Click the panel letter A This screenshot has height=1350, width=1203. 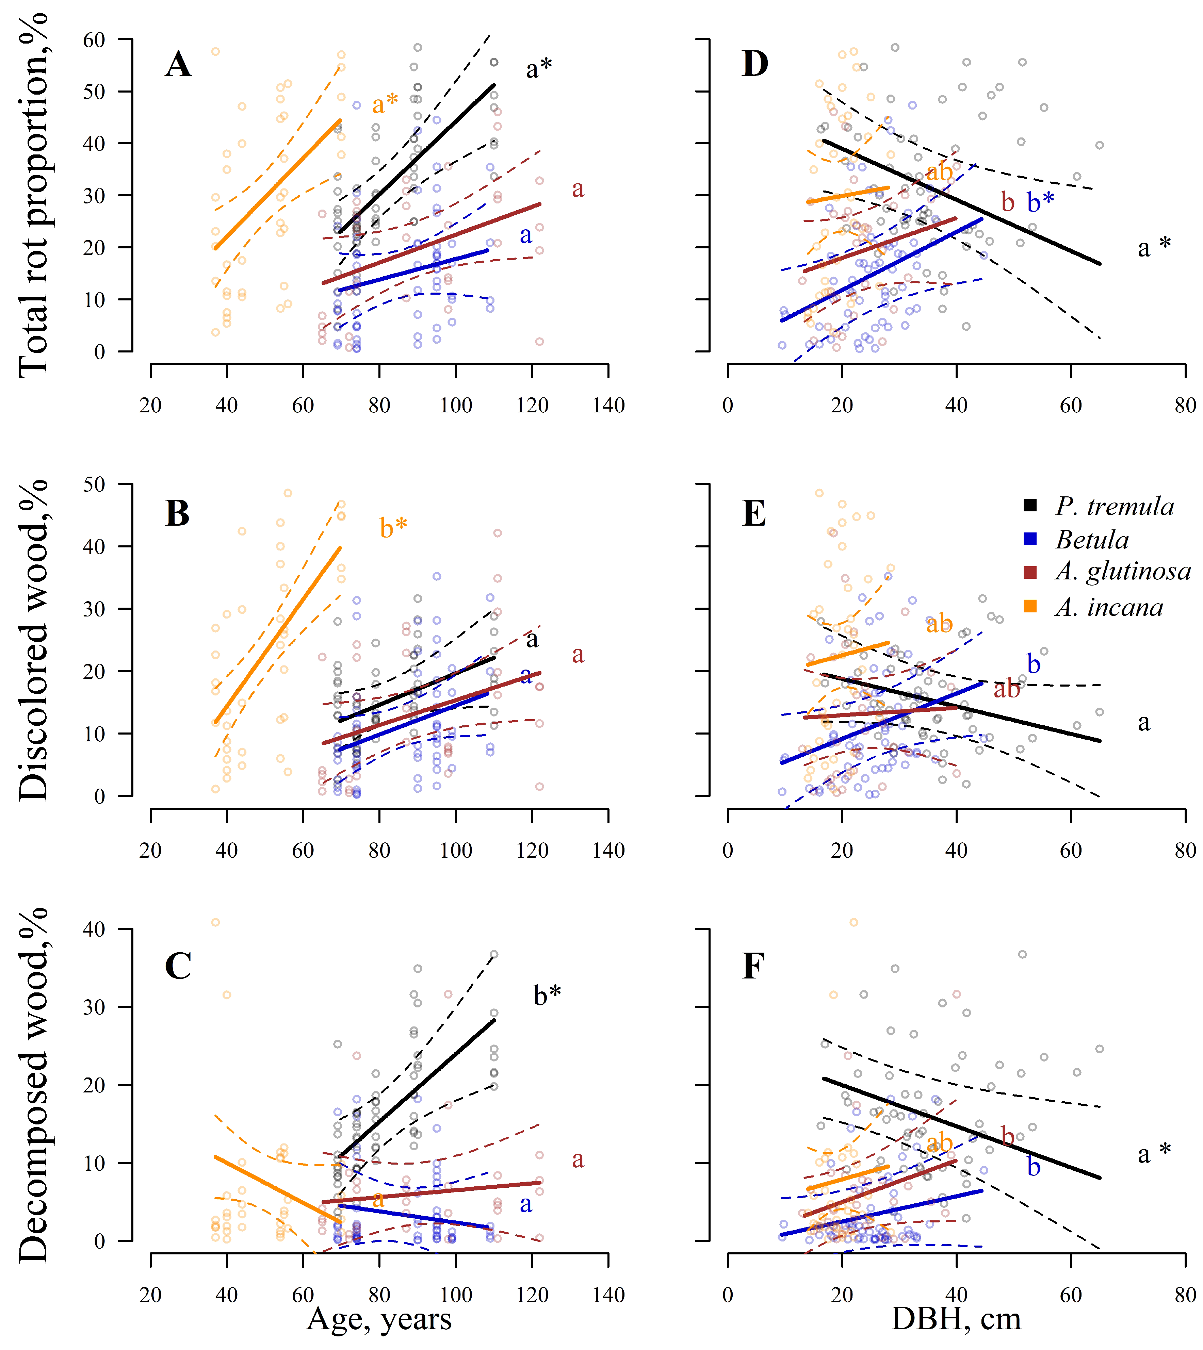click(178, 65)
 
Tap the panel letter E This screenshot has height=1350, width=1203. click(754, 513)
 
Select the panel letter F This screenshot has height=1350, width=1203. click(753, 966)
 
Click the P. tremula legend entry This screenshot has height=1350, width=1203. click(1115, 507)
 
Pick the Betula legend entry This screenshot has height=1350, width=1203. click(1092, 540)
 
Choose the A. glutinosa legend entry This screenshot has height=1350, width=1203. click(1122, 572)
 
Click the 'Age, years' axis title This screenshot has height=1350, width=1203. click(379, 1320)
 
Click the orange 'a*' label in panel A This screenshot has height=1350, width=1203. click(385, 104)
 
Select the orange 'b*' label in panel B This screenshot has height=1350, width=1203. click(393, 528)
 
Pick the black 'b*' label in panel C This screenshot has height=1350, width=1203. click(547, 994)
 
